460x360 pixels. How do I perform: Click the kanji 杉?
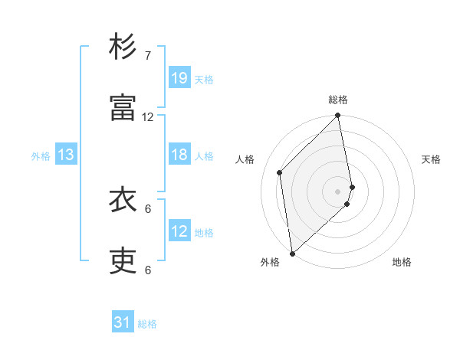pyautogui.click(x=123, y=48)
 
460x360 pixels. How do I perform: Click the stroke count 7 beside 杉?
pyautogui.click(x=148, y=56)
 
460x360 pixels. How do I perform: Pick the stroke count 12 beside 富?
pyautogui.click(x=148, y=117)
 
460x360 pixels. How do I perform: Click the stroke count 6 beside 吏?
pyautogui.click(x=148, y=270)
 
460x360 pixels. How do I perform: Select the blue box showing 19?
pyautogui.click(x=179, y=78)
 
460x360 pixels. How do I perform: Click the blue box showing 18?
pyautogui.click(x=179, y=155)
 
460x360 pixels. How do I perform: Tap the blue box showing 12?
pyautogui.click(x=179, y=231)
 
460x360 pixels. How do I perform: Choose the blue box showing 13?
pyautogui.click(x=66, y=155)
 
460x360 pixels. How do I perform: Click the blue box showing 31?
pyautogui.click(x=123, y=323)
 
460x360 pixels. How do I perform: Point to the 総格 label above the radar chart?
pyautogui.click(x=338, y=100)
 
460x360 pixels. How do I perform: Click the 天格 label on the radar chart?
pyautogui.click(x=431, y=159)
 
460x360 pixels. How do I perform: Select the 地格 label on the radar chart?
pyautogui.click(x=402, y=262)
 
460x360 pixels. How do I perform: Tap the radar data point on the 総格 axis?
pyautogui.click(x=338, y=116)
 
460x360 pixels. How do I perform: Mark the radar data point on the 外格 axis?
pyautogui.click(x=292, y=253)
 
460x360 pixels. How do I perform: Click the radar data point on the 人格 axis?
pyautogui.click(x=280, y=172)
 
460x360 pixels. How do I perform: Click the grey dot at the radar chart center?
pyautogui.click(x=338, y=191)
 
